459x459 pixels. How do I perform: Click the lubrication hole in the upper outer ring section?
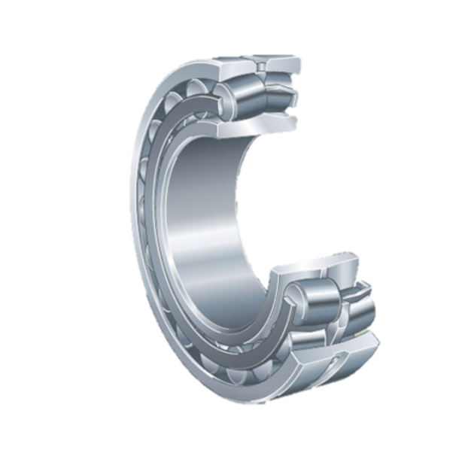[261, 67]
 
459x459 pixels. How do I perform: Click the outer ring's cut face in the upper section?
[256, 60]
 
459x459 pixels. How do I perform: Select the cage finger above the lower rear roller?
[354, 289]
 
